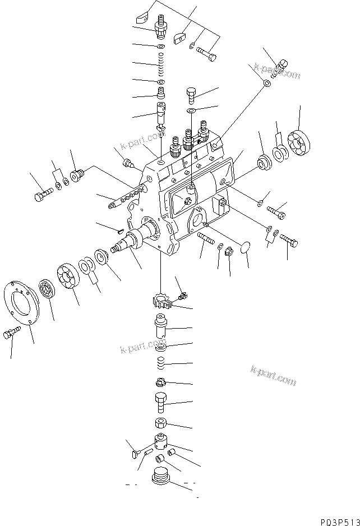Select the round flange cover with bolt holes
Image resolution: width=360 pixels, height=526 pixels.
pyautogui.click(x=23, y=305)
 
